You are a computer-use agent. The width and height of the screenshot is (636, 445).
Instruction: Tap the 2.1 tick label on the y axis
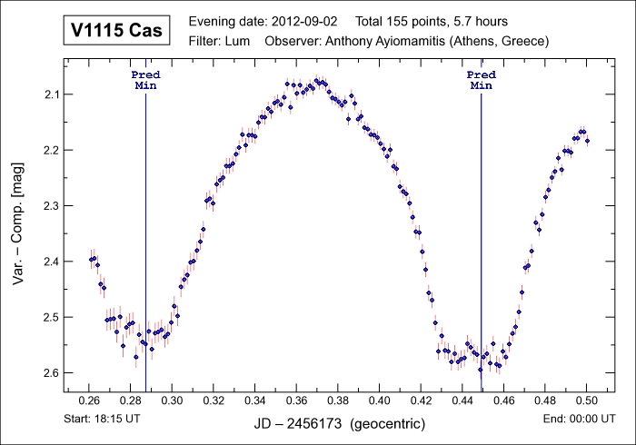(51, 94)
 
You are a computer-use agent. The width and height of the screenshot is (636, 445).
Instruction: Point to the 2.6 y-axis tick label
(51, 373)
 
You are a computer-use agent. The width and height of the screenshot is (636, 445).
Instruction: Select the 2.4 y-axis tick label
(51, 262)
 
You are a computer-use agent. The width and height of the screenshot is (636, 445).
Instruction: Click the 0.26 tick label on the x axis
(89, 400)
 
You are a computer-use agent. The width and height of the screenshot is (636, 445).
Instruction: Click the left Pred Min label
(145, 80)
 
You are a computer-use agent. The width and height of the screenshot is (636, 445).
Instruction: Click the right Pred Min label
(481, 80)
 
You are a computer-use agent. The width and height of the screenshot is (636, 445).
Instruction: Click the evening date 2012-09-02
(294, 21)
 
